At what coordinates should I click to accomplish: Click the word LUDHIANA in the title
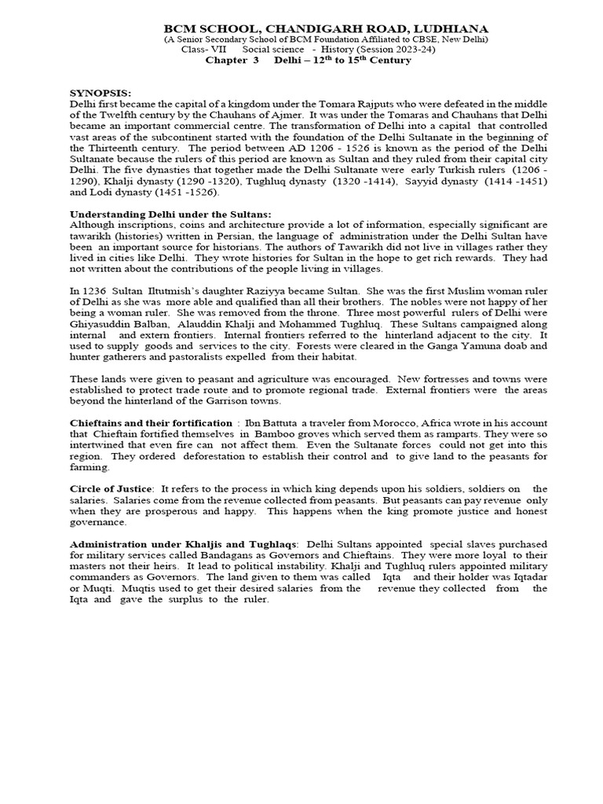click(x=452, y=28)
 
